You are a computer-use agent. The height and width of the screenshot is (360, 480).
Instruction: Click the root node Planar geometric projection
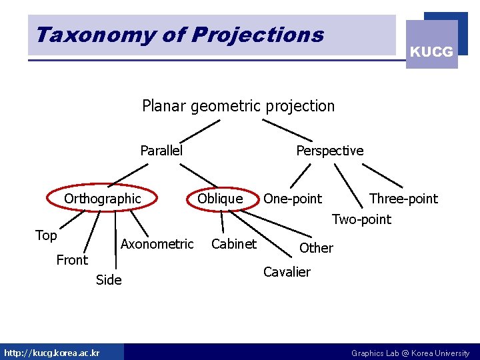[x=238, y=106]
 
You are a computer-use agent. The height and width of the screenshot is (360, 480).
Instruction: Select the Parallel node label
[x=161, y=151]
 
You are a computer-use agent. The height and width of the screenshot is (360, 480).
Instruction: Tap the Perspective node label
[x=329, y=151]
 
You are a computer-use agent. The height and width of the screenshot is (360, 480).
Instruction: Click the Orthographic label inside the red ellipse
[x=103, y=199]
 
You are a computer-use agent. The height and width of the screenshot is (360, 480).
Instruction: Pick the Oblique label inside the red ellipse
[x=220, y=199]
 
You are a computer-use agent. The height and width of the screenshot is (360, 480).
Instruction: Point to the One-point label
[x=292, y=199]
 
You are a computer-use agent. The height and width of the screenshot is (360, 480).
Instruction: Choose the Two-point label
[x=361, y=219]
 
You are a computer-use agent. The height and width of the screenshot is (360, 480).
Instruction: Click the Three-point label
[x=403, y=199]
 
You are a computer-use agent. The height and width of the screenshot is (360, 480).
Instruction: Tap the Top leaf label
[x=46, y=235]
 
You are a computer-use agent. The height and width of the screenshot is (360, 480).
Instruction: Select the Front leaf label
[x=72, y=260]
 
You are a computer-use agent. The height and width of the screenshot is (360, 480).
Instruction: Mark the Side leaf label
[x=109, y=280]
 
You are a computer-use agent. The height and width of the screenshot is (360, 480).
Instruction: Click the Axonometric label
[x=157, y=244]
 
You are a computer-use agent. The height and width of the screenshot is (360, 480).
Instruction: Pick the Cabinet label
[x=233, y=244]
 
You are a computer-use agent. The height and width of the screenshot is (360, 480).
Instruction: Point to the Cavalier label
[x=287, y=272]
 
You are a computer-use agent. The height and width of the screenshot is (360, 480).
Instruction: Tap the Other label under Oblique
[x=316, y=248]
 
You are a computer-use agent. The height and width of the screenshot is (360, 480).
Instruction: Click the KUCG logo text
[x=431, y=51]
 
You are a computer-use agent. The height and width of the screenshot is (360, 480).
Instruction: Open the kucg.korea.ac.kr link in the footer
[x=51, y=353]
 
